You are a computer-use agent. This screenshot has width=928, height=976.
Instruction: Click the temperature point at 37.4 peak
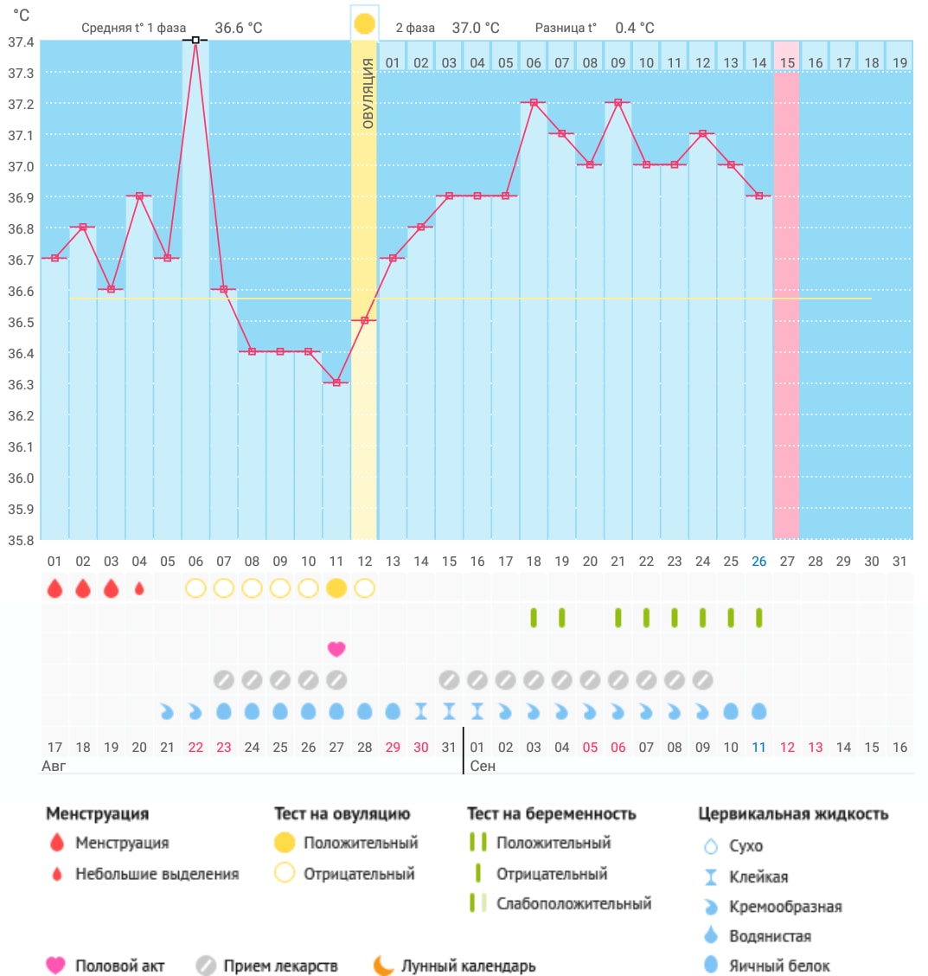click(x=195, y=40)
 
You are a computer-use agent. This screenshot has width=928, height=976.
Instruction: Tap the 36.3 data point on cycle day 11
click(x=336, y=382)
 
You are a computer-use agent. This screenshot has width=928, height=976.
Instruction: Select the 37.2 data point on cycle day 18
click(x=534, y=102)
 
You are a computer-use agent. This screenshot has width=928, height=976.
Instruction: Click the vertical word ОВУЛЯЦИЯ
click(x=368, y=93)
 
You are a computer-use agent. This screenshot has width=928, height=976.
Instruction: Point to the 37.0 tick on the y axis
click(x=20, y=166)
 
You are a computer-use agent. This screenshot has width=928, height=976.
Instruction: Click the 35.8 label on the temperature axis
click(x=20, y=540)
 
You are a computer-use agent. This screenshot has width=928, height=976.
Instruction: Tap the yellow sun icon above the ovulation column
click(x=364, y=23)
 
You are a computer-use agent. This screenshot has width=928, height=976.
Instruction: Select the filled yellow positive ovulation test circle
click(x=336, y=588)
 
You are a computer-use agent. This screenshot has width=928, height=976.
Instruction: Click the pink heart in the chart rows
click(x=336, y=649)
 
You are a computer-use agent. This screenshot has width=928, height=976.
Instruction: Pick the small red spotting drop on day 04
click(x=139, y=588)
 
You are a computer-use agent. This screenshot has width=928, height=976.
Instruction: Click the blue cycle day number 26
click(x=758, y=562)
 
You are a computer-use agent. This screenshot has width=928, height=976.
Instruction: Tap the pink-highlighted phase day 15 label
click(x=787, y=63)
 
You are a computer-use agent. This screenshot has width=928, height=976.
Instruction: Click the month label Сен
click(x=483, y=767)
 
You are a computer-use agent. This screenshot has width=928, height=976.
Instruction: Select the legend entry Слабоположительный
click(x=573, y=903)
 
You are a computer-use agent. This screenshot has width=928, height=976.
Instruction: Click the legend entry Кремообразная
click(x=785, y=907)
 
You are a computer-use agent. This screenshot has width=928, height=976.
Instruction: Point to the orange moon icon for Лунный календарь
click(x=383, y=966)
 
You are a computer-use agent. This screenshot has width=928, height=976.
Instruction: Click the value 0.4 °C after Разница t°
click(x=635, y=28)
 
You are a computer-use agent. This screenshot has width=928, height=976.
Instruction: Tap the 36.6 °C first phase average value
click(x=238, y=28)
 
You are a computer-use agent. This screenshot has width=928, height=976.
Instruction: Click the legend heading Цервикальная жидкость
click(x=793, y=813)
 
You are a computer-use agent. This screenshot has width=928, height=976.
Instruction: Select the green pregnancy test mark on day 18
click(x=534, y=618)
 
